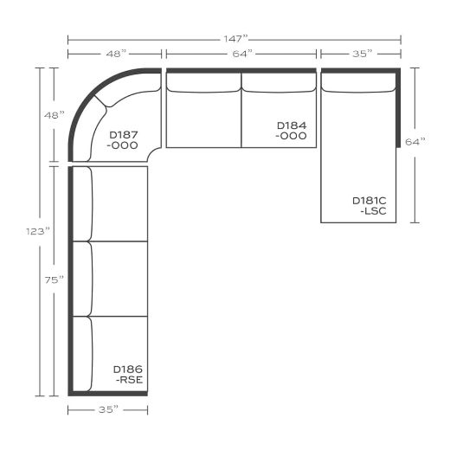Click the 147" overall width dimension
(x=235, y=39)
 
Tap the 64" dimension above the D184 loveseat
(x=242, y=54)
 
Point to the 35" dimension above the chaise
(x=362, y=54)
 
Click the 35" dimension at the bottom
(x=108, y=409)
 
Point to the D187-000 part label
(x=125, y=140)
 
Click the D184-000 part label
(x=292, y=131)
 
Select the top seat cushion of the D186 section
(x=119, y=203)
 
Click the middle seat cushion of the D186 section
(x=119, y=279)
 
